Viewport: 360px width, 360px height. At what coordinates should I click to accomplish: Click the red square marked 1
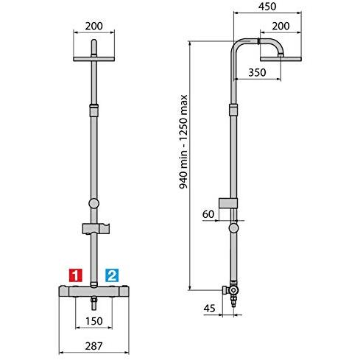click(x=76, y=275)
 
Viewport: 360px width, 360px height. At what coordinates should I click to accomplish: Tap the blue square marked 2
click(x=112, y=275)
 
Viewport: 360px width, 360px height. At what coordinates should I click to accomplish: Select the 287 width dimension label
click(x=93, y=346)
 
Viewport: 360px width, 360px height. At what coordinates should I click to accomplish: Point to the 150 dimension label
click(x=94, y=321)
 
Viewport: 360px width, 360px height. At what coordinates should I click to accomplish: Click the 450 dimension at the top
click(x=267, y=7)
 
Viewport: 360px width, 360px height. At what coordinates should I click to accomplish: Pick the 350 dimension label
click(x=257, y=72)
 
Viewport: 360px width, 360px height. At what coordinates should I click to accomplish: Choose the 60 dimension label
click(x=208, y=214)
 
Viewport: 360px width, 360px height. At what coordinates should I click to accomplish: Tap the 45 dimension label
click(x=209, y=308)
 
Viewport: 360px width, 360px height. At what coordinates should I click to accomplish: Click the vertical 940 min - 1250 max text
click(x=183, y=141)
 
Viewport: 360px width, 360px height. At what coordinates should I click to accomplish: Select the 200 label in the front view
click(x=94, y=26)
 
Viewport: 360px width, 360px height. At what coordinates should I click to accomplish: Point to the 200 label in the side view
click(x=280, y=26)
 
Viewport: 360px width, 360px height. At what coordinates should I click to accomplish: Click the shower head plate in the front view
click(x=94, y=59)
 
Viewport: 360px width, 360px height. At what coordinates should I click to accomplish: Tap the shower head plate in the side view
click(x=280, y=59)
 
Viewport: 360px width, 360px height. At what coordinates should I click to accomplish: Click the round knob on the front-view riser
click(x=93, y=203)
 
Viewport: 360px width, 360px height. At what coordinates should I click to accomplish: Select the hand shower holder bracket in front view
click(x=96, y=229)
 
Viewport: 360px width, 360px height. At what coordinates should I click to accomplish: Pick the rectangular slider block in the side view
click(x=228, y=203)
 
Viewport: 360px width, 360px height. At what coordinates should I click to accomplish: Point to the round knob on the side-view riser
click(x=233, y=228)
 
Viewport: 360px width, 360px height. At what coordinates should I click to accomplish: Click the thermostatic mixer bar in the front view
click(x=93, y=292)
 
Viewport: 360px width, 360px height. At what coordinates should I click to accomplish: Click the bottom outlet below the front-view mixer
click(x=94, y=303)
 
